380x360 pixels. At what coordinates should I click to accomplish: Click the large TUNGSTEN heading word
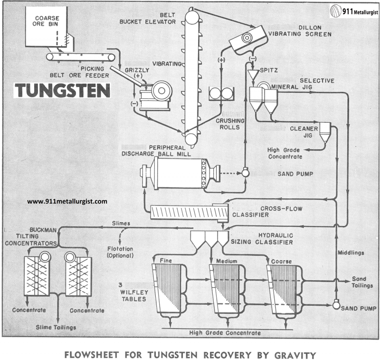tap(62, 90)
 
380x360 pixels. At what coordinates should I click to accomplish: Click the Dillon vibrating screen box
tap(247, 37)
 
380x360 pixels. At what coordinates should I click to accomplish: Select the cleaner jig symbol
tap(325, 131)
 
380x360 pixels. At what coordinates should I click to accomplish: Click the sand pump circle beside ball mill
tap(246, 173)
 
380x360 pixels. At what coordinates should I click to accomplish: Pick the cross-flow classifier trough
tap(188, 212)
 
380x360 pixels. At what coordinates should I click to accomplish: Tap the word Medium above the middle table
tap(226, 261)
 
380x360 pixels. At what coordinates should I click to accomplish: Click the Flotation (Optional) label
tap(120, 252)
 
